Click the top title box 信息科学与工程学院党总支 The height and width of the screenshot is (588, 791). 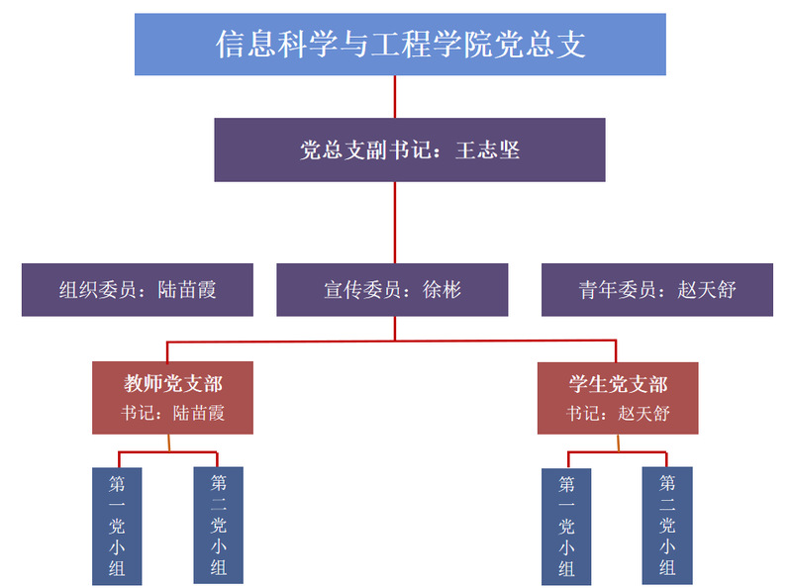400,45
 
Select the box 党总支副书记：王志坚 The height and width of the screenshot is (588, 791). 409,150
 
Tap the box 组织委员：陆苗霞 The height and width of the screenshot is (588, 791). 138,289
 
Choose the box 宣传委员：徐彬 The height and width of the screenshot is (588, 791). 392,289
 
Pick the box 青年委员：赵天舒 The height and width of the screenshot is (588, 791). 656,289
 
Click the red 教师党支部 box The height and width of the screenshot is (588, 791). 172,398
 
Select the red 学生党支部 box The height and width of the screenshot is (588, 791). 618,398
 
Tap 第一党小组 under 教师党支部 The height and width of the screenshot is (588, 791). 117,526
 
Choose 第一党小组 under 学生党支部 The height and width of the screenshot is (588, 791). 566,526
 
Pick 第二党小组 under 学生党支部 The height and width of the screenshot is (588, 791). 667,525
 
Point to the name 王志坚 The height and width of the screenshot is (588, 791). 488,151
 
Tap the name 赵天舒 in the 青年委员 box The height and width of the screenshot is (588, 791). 707,290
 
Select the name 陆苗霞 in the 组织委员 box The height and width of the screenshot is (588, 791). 187,290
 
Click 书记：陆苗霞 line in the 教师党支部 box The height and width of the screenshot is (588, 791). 173,413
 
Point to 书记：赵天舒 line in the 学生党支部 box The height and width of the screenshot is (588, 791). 618,413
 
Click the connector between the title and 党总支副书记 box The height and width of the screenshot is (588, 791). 395,97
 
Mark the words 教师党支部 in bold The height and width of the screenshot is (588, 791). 173,384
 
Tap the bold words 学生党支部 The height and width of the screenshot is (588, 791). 618,384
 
